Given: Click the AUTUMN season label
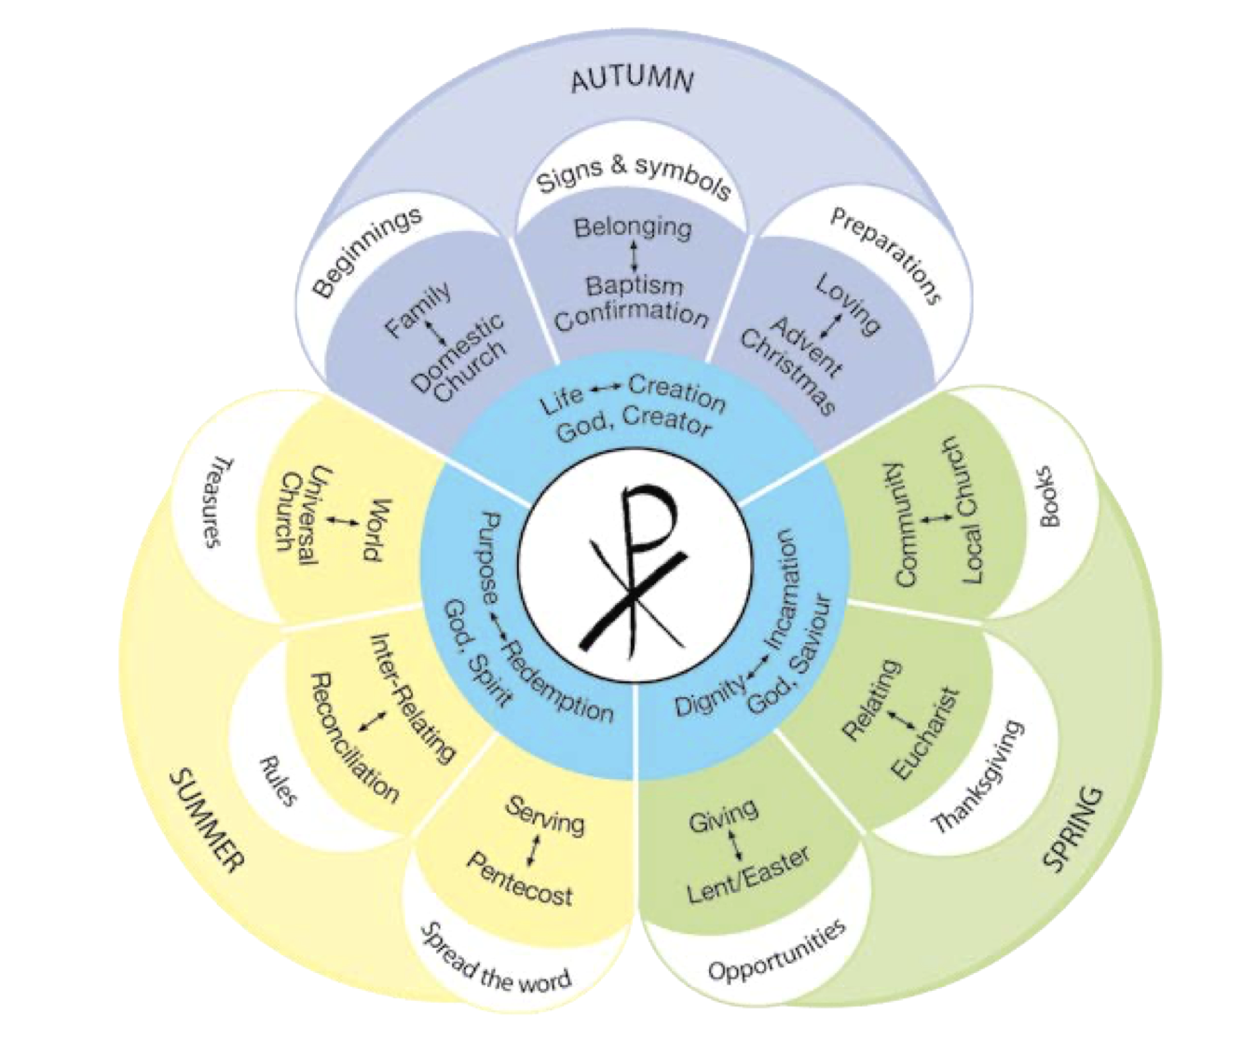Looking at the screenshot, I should click(x=632, y=78).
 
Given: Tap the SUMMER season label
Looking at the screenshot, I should click(x=207, y=821).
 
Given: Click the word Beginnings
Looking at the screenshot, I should click(x=366, y=251).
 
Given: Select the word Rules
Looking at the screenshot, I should click(x=278, y=780).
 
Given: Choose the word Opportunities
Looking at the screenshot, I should click(x=776, y=950).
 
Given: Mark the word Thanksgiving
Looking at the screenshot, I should click(x=977, y=776).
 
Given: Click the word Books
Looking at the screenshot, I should click(x=1049, y=496).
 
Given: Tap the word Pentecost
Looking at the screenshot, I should click(x=519, y=880).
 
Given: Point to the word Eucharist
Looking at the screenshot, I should click(x=925, y=733).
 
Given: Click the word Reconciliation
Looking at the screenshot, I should click(x=353, y=739).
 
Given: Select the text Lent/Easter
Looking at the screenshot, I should click(x=747, y=876).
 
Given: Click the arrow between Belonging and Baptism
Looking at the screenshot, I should click(x=634, y=255).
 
